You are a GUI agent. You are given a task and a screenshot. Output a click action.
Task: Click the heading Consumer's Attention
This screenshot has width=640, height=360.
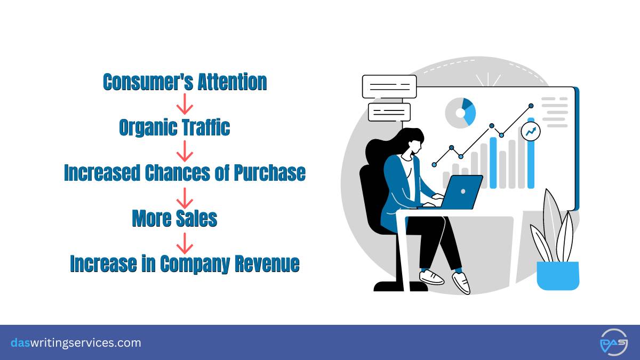[x=185, y=82]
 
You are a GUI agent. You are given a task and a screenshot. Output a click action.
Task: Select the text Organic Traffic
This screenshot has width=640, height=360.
[x=174, y=127]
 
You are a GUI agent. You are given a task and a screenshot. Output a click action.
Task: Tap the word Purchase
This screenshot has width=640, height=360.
[x=270, y=173]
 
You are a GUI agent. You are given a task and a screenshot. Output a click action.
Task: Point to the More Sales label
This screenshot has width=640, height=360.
[x=174, y=218]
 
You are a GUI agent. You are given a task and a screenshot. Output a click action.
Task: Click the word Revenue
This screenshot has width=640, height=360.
[x=267, y=263]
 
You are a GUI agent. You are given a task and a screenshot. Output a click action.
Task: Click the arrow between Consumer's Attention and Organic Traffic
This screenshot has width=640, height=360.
[x=185, y=105]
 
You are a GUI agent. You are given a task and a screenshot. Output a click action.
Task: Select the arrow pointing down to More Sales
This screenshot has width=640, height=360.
[x=185, y=198]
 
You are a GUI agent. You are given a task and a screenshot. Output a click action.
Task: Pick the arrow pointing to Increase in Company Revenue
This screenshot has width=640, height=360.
[x=185, y=243]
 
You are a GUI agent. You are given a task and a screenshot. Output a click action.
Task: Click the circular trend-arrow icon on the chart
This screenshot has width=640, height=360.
[x=531, y=131]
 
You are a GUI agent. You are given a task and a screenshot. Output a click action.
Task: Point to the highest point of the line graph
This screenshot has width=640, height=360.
[x=531, y=106]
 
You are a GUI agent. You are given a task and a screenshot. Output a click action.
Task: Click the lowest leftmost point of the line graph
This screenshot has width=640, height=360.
[x=434, y=165]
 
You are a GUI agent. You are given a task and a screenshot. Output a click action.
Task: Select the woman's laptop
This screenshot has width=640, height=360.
[x=454, y=193]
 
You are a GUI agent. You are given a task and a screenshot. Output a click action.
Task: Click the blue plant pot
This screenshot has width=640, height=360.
[x=558, y=276]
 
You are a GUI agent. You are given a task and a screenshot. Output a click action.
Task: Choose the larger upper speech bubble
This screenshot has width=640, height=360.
[x=389, y=86]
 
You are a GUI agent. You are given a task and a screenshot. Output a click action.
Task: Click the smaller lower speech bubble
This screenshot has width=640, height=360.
[x=389, y=113]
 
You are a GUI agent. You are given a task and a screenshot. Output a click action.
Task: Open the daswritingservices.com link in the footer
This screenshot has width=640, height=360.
[x=76, y=342]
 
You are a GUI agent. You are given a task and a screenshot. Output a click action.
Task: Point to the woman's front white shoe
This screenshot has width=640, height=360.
[x=461, y=283]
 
